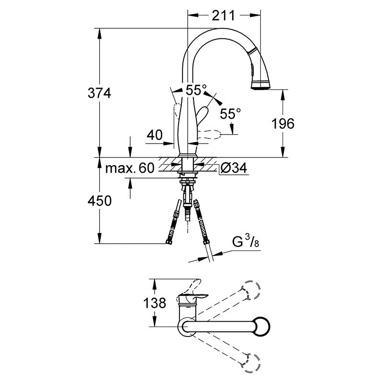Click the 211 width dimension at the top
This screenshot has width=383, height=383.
pyautogui.click(x=223, y=15)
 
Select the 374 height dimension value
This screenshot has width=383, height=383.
pyautogui.click(x=100, y=93)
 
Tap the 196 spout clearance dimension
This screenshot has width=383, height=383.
pyautogui.click(x=283, y=124)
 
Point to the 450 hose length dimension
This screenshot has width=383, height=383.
pyautogui.click(x=100, y=201)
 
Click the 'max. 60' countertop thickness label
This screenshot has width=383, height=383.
pyautogui.click(x=130, y=168)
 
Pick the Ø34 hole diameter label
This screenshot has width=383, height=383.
pyautogui.click(x=234, y=168)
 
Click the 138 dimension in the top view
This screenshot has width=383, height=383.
pyautogui.click(x=154, y=303)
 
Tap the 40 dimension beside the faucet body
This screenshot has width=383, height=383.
pyautogui.click(x=155, y=135)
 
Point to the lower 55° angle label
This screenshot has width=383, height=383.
pyautogui.click(x=230, y=113)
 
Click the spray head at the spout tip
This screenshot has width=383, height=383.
pyautogui.click(x=260, y=85)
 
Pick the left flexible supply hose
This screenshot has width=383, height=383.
pyautogui.click(x=174, y=222)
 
